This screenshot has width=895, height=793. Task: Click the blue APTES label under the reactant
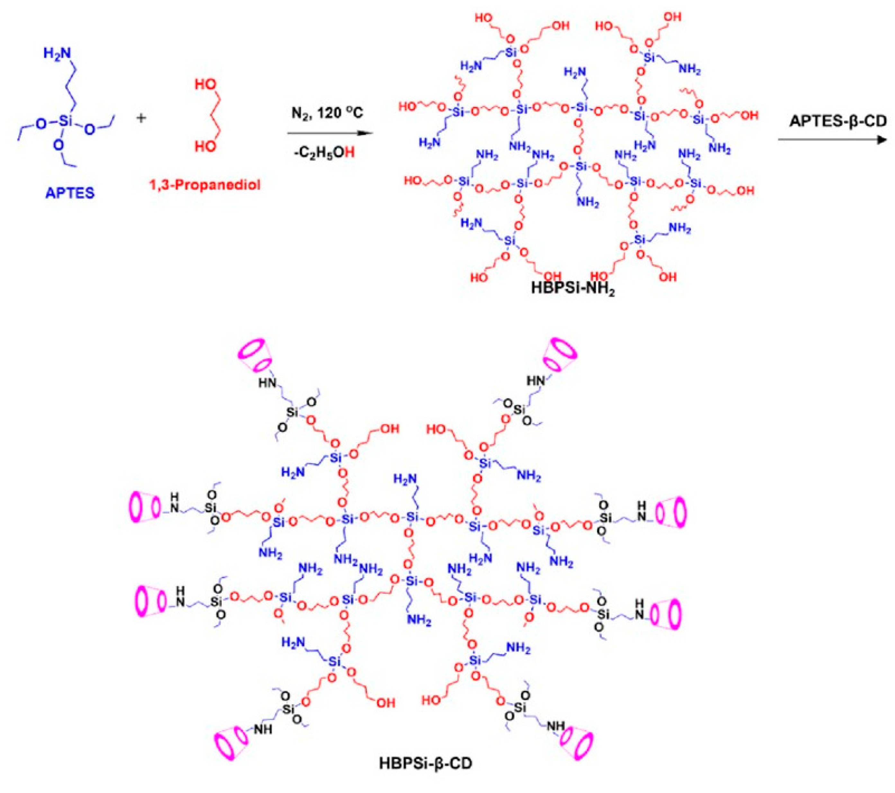pos(70,193)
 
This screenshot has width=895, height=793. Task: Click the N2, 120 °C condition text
pos(327,113)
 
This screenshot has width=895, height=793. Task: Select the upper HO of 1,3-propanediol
pos(205,85)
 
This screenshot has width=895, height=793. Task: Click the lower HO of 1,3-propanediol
pos(205,146)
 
